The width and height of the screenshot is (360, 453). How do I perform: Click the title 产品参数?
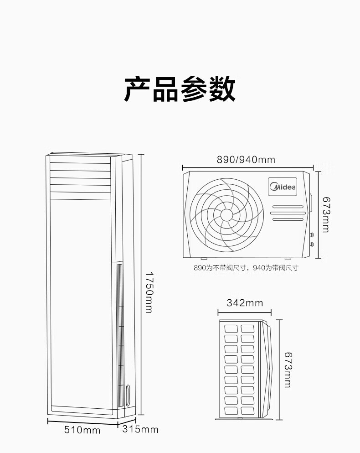(x=180, y=89)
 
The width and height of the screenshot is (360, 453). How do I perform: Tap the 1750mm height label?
(x=149, y=292)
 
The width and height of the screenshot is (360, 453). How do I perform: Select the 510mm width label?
(x=82, y=430)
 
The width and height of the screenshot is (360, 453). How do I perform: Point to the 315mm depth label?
(x=140, y=429)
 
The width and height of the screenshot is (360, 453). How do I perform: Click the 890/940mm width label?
(x=246, y=160)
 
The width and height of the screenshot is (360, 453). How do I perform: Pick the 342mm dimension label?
(x=245, y=303)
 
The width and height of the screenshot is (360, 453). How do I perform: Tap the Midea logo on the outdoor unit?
(x=283, y=187)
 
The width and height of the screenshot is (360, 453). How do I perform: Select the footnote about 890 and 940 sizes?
(x=246, y=268)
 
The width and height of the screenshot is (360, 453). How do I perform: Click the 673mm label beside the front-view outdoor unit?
(x=326, y=215)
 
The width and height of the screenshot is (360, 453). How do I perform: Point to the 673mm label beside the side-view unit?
(x=288, y=370)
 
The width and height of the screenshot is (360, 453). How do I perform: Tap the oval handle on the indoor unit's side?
(x=129, y=395)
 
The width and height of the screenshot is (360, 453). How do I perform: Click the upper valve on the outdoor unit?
(x=312, y=235)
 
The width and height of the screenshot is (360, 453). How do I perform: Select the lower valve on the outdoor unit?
(x=312, y=245)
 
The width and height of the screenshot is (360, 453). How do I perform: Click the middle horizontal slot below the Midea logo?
(x=288, y=213)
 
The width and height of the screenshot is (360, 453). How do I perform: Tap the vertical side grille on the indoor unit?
(x=120, y=335)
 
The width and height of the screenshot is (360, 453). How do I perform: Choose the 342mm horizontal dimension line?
(x=245, y=312)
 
